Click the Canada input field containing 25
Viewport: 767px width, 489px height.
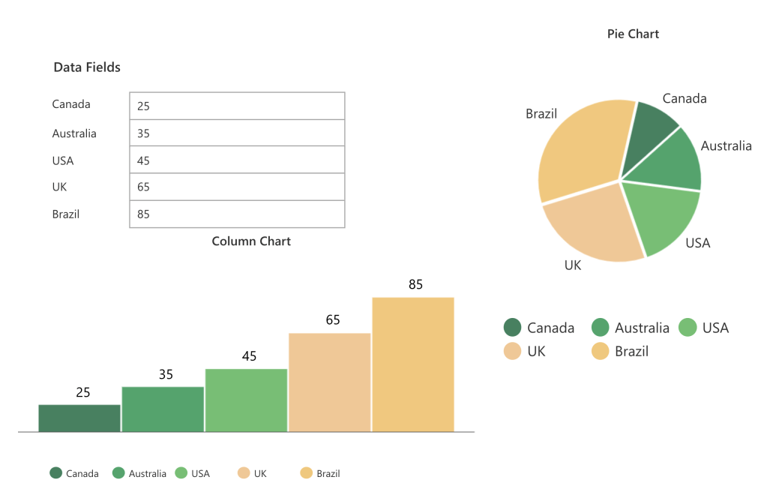point(236,106)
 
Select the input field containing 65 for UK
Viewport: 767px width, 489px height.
point(236,187)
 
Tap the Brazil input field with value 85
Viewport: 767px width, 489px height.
point(236,214)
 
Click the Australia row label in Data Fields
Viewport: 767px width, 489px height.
point(74,133)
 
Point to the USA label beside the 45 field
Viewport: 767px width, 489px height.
point(63,160)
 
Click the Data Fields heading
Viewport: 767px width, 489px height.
point(87,67)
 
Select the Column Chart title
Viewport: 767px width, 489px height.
point(251,241)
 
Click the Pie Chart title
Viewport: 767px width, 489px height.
point(633,34)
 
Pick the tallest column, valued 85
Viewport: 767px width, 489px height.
point(413,364)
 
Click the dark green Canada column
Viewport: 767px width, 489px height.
point(79,418)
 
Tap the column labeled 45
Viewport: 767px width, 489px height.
point(246,400)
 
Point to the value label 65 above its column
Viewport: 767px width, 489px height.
point(333,320)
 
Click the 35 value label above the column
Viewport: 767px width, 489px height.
point(166,374)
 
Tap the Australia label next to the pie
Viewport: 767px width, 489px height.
point(726,146)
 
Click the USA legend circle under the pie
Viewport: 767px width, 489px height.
point(688,328)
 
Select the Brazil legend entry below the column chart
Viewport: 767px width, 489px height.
point(320,473)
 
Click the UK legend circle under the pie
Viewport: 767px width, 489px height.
point(513,351)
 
